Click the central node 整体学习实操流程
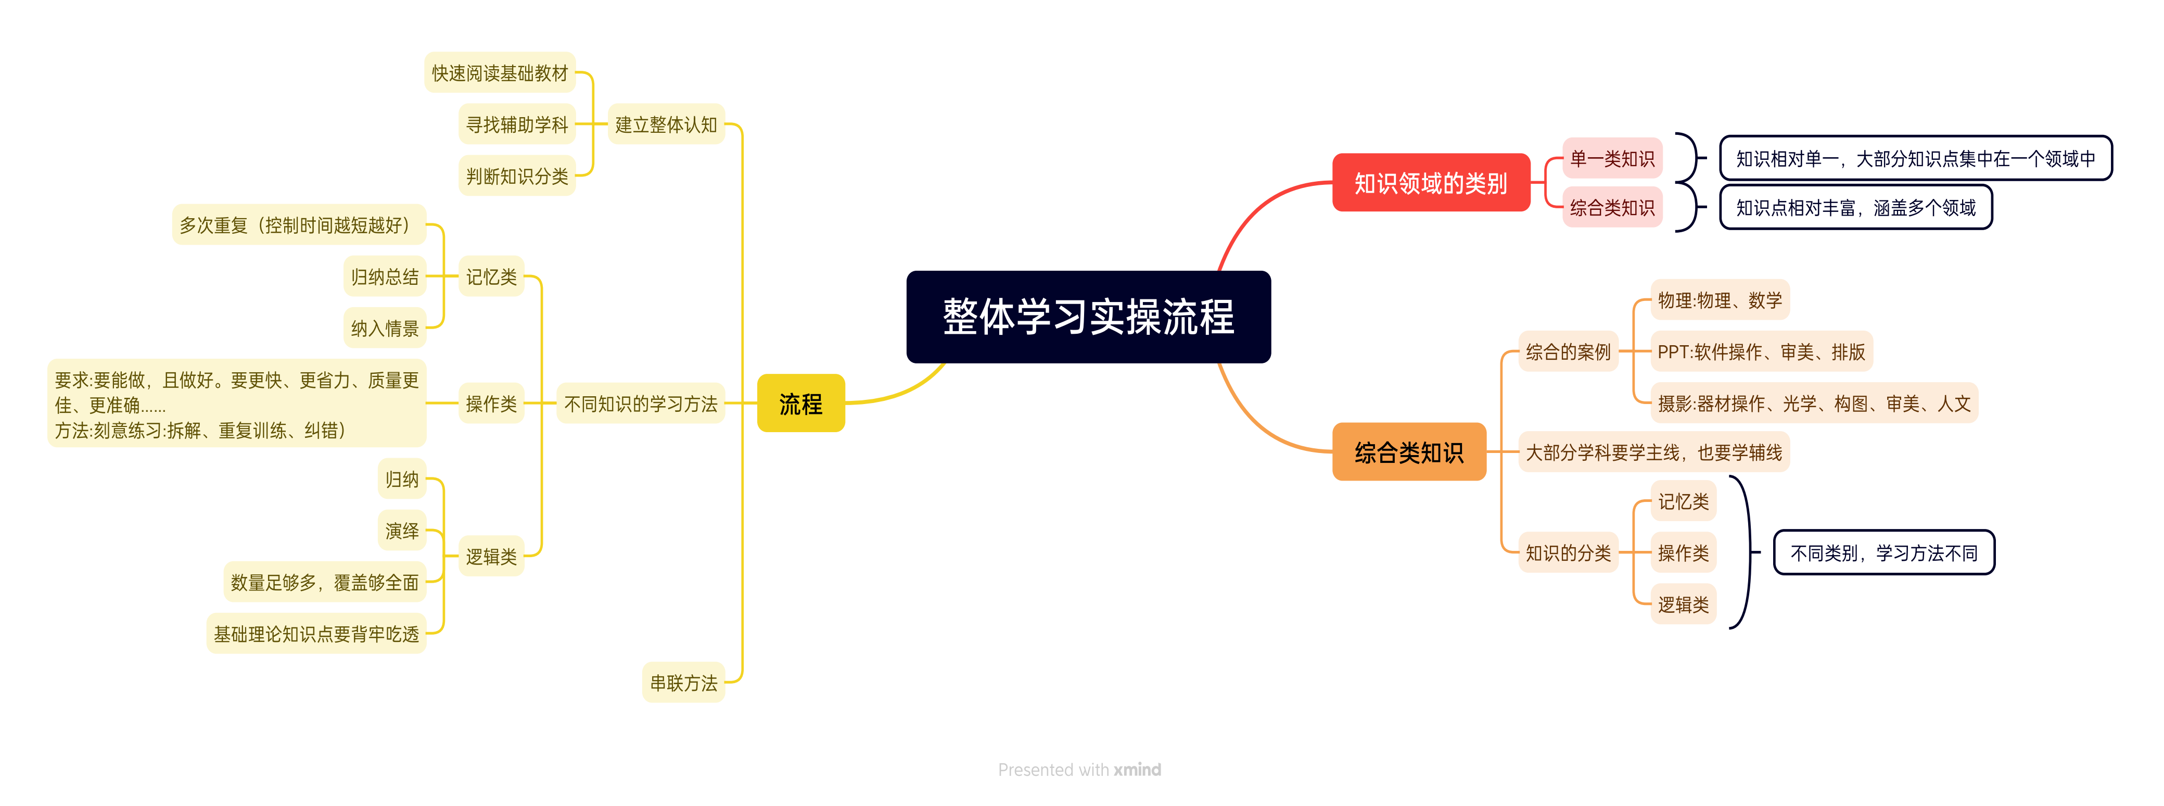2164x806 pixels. (1088, 317)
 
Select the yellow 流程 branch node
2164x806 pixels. (800, 404)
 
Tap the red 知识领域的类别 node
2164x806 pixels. (1431, 182)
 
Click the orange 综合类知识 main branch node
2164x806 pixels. (1409, 452)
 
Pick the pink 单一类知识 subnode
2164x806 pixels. (1611, 158)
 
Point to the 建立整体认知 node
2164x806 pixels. (665, 124)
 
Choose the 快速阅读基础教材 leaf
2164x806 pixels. (500, 73)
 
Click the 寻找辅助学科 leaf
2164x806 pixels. (517, 124)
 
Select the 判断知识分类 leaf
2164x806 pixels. (517, 175)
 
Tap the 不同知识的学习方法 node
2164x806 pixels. (640, 404)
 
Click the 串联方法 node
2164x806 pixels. (683, 683)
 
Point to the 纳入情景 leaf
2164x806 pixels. (385, 328)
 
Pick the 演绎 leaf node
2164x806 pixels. (402, 531)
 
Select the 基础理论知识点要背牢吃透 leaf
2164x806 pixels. (316, 634)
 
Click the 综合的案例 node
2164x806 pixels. (1568, 351)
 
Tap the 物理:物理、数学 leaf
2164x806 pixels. (1719, 300)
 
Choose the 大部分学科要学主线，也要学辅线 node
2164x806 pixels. (1653, 452)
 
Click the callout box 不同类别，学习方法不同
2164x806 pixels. (1883, 552)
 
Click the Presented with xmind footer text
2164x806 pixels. (1079, 769)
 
